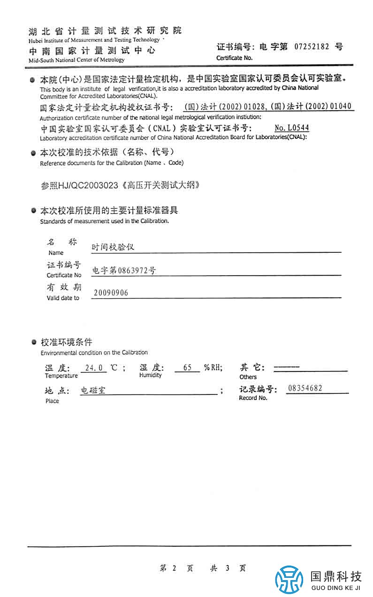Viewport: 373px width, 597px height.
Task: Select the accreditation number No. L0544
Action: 292,128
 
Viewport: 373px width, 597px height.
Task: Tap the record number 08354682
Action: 305,388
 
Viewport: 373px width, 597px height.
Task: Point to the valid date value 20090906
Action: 111,293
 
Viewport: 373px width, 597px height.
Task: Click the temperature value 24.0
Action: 94,368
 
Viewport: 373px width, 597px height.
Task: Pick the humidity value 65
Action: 188,368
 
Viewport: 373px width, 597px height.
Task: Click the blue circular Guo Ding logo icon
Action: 289,580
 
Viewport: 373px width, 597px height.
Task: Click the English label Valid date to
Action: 63,298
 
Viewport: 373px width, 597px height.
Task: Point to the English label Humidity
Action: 150,375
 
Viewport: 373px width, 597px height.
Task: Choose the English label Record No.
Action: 253,398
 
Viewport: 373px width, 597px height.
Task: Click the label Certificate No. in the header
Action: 234,58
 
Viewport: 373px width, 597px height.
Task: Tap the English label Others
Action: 248,377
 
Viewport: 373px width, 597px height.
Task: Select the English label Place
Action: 52,401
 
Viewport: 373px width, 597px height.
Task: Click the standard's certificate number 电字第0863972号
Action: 124,270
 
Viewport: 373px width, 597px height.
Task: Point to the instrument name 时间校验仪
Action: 113,247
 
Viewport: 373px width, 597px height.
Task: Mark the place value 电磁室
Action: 93,390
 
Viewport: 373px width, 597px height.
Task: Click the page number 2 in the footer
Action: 174,568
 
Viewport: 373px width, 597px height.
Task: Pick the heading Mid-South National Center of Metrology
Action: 76,60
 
